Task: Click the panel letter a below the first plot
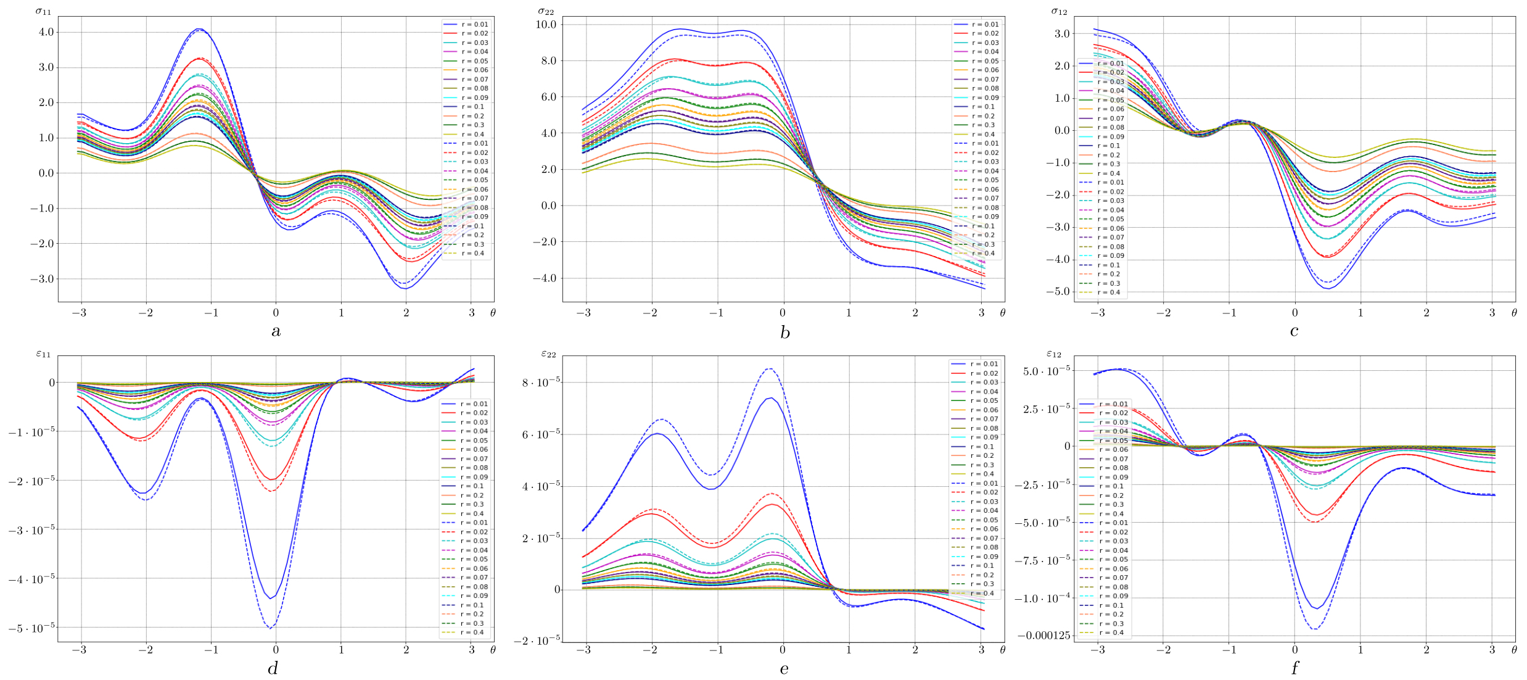coord(276,331)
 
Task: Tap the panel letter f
coord(1294,668)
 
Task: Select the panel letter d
coord(273,668)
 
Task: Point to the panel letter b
coord(784,332)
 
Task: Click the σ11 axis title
coord(43,10)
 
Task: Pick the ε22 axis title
coord(548,354)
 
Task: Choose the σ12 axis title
coord(1059,10)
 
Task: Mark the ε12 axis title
coord(1054,354)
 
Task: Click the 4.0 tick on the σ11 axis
coord(46,32)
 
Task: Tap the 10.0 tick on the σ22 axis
coord(546,25)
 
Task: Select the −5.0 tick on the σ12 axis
coord(1058,291)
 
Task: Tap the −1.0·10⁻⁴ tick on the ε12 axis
coord(1044,598)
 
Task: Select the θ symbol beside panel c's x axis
coord(1514,313)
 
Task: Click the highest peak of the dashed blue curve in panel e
coord(770,368)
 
